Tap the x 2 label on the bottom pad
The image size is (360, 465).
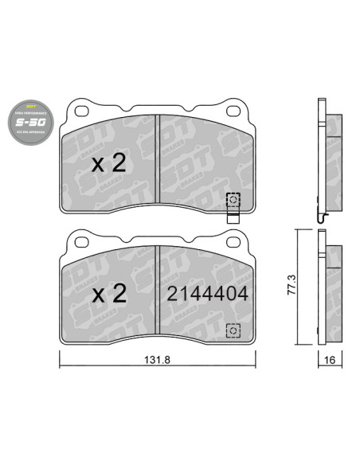point(108,294)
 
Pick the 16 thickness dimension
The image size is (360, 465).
point(329,359)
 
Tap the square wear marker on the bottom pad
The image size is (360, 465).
point(233,329)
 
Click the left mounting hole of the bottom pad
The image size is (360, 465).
point(80,239)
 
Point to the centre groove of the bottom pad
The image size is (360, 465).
point(158,291)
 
